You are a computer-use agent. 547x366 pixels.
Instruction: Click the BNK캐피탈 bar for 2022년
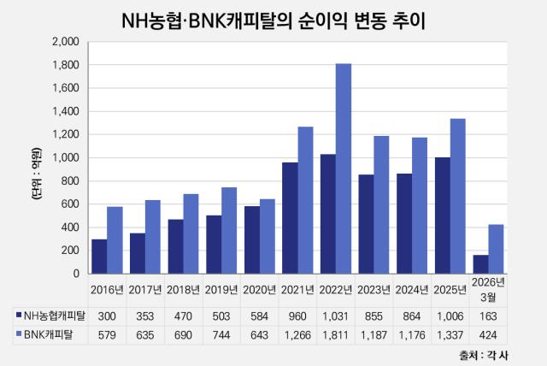(344, 168)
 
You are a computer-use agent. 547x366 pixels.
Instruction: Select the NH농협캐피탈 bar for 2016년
(99, 257)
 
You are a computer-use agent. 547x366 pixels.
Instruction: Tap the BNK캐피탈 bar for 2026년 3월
(496, 249)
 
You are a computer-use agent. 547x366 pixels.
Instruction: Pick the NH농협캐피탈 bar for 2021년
(291, 218)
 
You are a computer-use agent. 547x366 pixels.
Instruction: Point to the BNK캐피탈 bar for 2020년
(268, 237)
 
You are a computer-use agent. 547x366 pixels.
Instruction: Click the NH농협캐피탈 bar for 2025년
(443, 215)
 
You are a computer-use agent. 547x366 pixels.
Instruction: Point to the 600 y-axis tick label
(70, 204)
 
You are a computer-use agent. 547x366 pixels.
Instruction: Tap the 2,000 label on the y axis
(66, 42)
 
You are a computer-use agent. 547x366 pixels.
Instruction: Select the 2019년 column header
(221, 290)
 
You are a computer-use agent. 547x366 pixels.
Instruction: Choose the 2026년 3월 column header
(488, 290)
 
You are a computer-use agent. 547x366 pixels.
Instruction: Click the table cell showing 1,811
(335, 335)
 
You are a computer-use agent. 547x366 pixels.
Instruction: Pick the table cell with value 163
(488, 316)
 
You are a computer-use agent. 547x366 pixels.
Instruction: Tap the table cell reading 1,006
(450, 316)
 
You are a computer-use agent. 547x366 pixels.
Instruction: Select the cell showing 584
(259, 316)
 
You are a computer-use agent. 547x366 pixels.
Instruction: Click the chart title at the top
(273, 21)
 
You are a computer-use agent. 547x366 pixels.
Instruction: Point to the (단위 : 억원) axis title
(36, 174)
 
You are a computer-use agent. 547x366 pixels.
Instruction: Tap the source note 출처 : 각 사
(484, 355)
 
